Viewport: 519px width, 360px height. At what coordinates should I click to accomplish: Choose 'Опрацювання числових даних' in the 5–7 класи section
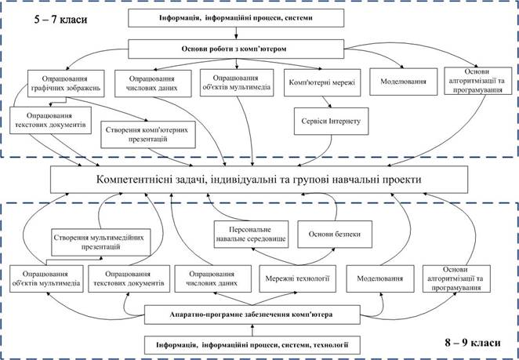point(156,83)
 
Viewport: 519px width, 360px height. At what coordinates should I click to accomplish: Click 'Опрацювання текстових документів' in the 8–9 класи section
point(128,278)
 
